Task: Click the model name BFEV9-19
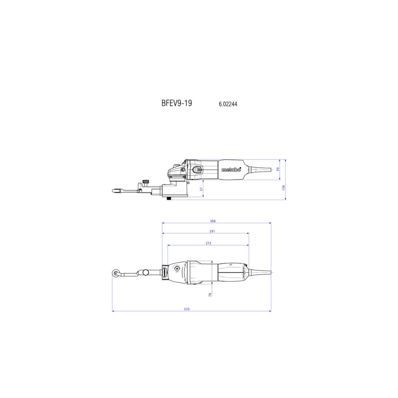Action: pos(177,103)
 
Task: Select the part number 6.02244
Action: pos(228,104)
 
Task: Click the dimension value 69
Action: pos(278,169)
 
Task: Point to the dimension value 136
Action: pos(284,188)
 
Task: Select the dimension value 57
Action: pos(201,189)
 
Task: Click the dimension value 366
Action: pos(213,221)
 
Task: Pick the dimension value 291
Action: pos(212,231)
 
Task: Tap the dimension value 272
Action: pos(208,243)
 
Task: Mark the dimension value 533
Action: pos(187,309)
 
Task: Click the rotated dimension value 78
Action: pos(210,294)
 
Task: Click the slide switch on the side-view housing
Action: pos(197,170)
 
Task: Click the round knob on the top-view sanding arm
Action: pos(146,273)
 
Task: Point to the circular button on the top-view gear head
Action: pos(177,268)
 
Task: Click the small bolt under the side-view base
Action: pos(169,198)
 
